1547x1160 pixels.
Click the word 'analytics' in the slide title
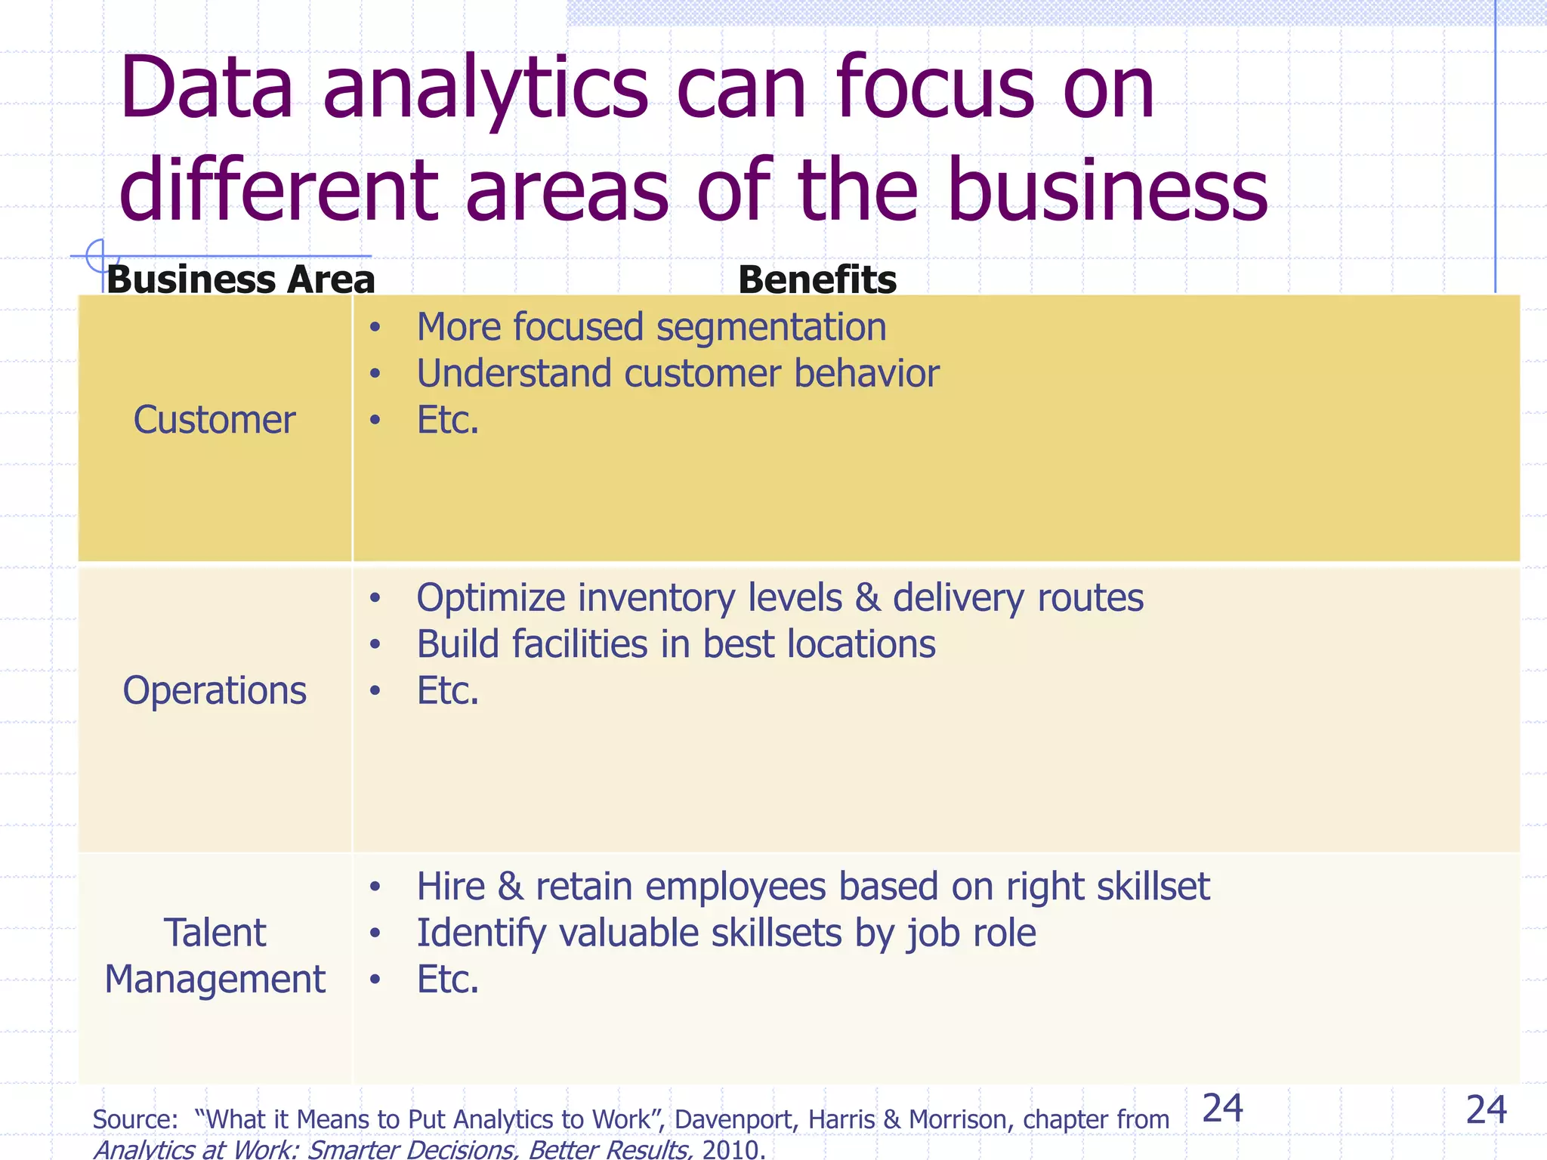[485, 89]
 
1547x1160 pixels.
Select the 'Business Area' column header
[240, 279]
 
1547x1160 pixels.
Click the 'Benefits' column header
[817, 279]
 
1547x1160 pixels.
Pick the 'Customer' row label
[215, 420]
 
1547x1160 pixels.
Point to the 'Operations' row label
[215, 690]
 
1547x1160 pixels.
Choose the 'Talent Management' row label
[215, 955]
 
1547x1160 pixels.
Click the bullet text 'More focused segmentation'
[651, 327]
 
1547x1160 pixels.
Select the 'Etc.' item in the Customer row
[448, 420]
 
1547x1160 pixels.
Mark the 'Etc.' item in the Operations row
[448, 690]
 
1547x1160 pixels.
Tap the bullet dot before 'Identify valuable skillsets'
[375, 934]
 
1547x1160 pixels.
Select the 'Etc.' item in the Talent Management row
[448, 980]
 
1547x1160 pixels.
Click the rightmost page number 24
[1486, 1110]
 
